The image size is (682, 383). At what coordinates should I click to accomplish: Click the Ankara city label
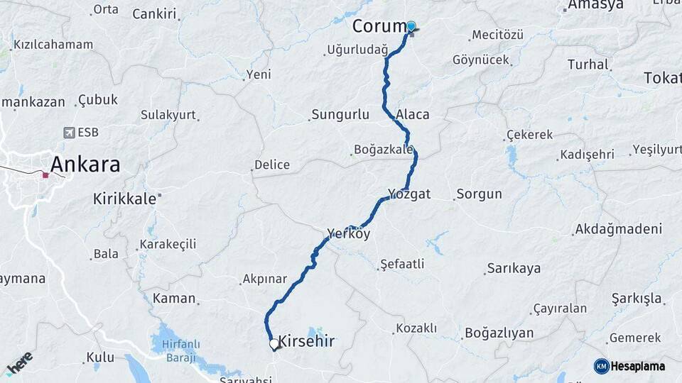(85, 165)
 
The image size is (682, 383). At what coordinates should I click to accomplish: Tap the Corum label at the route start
(378, 26)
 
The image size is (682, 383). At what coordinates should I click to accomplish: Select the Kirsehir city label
(306, 341)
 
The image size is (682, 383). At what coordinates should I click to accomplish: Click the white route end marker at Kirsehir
(274, 344)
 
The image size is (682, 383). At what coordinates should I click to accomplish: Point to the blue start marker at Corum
(411, 26)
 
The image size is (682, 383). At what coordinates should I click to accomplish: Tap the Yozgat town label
(409, 194)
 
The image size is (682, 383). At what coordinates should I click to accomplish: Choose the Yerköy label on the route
(349, 233)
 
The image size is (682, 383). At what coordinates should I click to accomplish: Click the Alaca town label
(413, 114)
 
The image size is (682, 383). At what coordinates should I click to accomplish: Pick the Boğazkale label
(384, 150)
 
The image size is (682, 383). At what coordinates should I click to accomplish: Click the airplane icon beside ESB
(69, 132)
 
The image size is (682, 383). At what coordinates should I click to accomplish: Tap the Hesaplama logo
(630, 366)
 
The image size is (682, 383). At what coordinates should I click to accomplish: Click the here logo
(19, 363)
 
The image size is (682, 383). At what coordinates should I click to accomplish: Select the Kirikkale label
(124, 199)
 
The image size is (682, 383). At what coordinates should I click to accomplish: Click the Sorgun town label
(479, 194)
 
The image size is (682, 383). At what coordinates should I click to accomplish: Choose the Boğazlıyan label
(499, 333)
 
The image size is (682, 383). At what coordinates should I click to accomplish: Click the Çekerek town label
(529, 135)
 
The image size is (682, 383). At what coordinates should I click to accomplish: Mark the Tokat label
(662, 78)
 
